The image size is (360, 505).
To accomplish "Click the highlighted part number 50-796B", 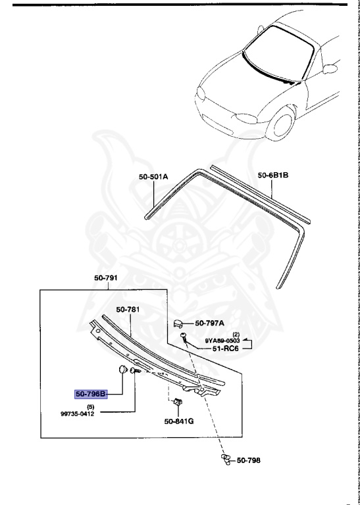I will pos(90,394).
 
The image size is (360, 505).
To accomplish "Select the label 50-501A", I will pos(153,176).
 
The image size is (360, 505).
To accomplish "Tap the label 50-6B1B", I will pos(273,176).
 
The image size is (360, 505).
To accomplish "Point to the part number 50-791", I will pos(105,279).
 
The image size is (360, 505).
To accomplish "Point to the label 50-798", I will pos(248,460).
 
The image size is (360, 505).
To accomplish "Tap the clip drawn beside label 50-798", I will pos(225,460).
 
